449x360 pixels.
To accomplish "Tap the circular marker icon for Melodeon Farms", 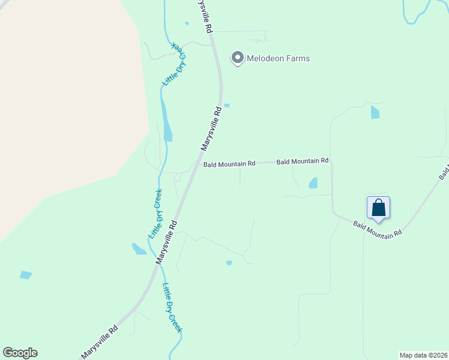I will pos(237,58).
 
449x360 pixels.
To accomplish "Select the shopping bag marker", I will pos(378,208).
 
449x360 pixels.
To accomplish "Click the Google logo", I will pos(20,353).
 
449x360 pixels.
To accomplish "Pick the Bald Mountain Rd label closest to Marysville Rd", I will pos(229,164).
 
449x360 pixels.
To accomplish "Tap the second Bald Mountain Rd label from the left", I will pos(302,161).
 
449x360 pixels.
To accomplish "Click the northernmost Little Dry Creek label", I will pos(175,64).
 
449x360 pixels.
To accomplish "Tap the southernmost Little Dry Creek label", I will pos(172,308).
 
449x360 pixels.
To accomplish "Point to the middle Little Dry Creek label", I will pos(155,214).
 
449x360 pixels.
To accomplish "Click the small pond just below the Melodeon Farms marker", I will pos(227,106).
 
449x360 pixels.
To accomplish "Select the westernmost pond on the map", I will pos(25,275).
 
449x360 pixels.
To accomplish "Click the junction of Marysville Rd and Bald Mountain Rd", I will pos(194,166).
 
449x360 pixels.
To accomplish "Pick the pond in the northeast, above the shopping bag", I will pos(375,112).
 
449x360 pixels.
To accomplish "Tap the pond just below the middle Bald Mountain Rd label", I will pos(313,183).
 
